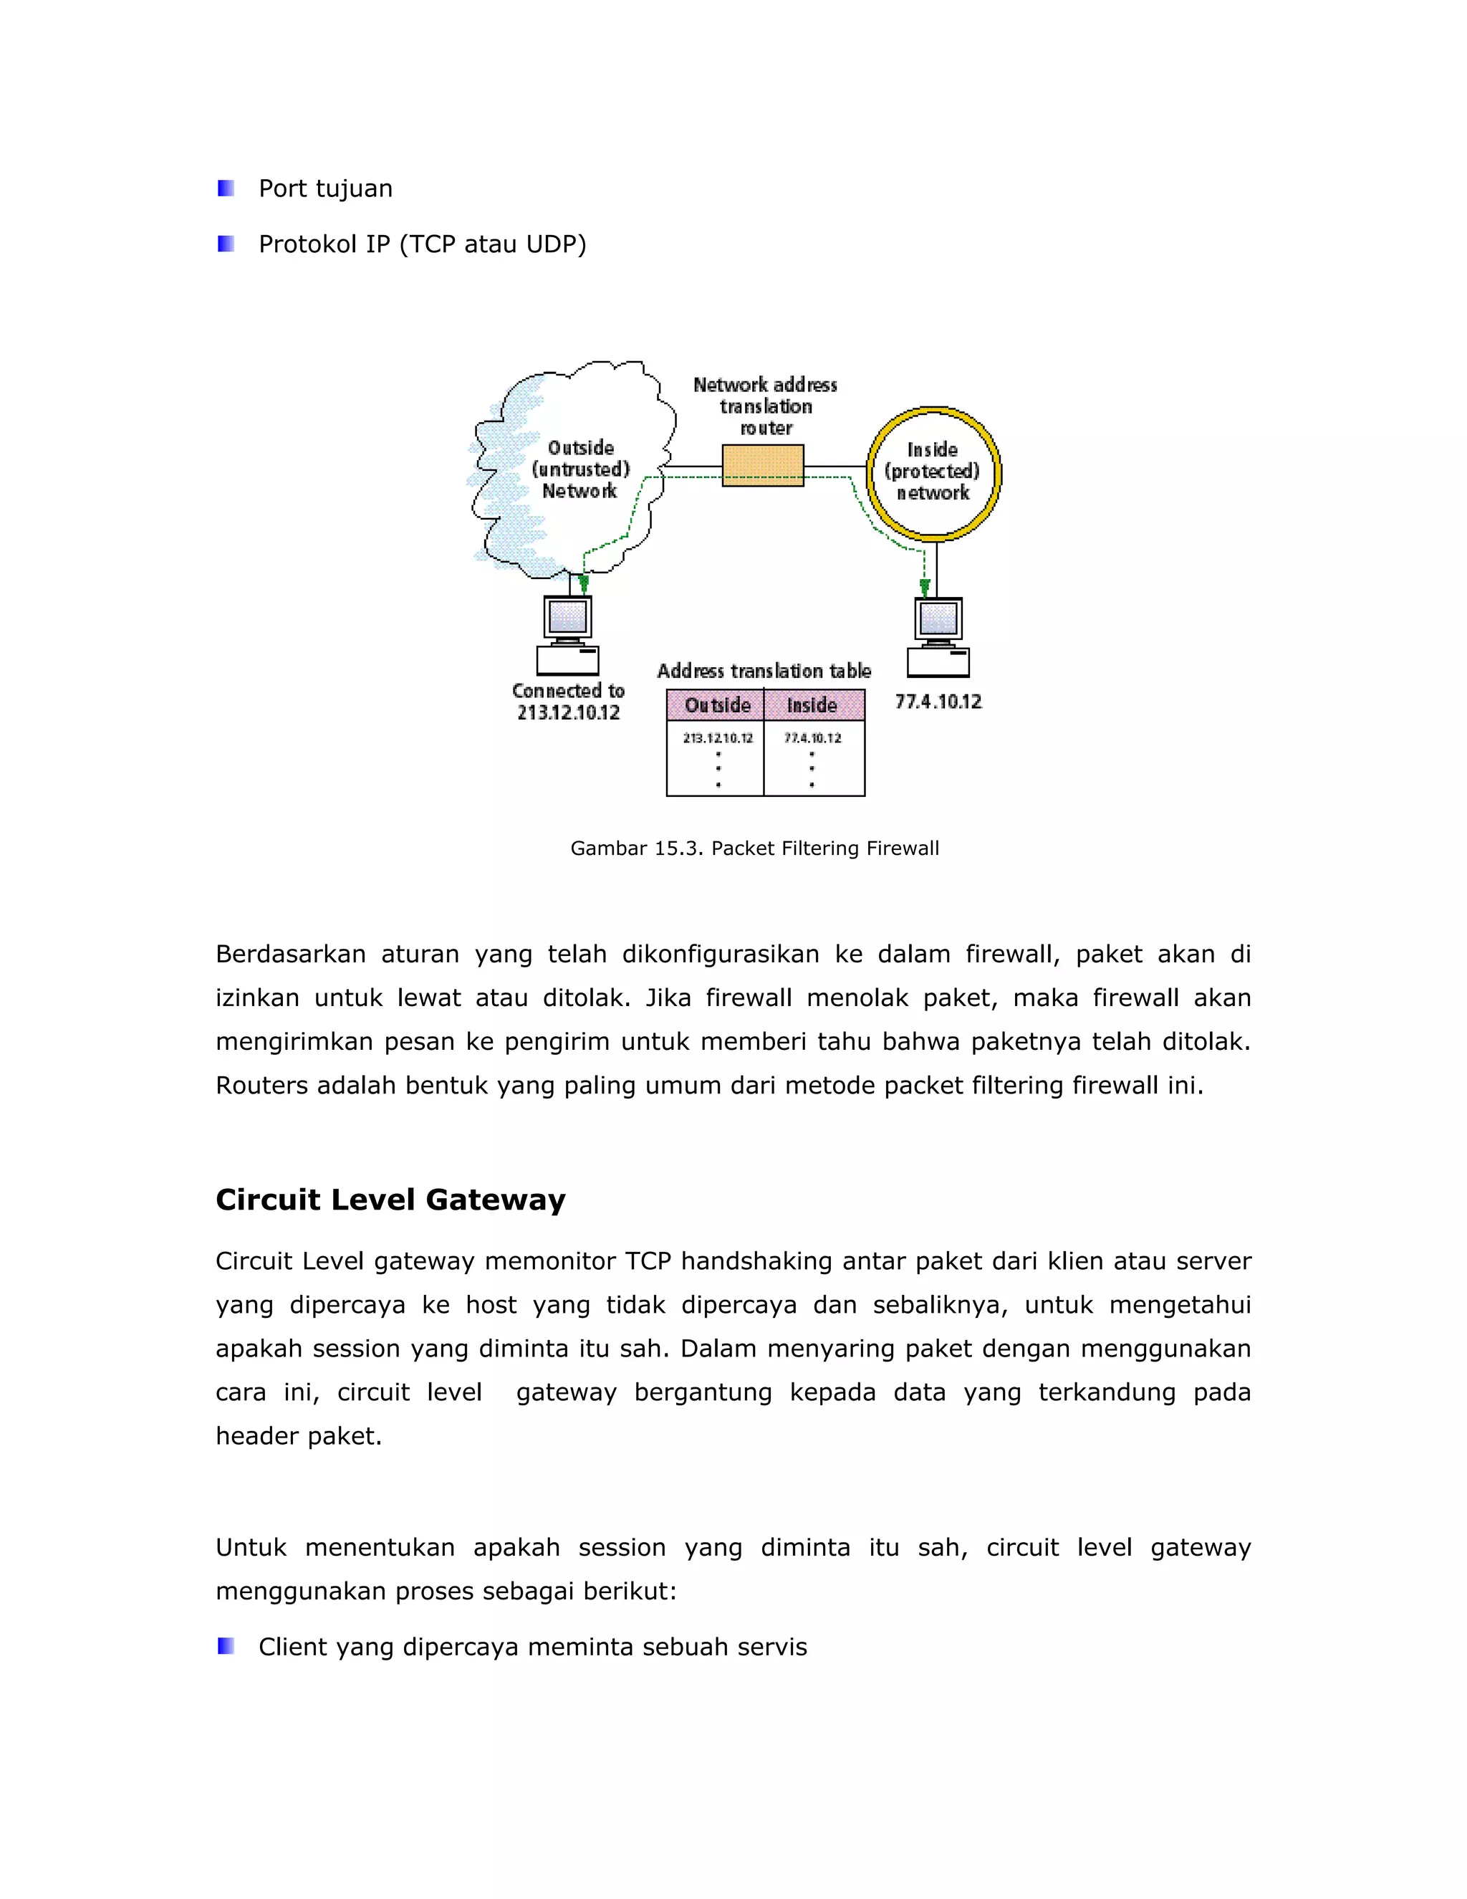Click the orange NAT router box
coord(762,465)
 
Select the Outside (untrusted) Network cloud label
coord(579,469)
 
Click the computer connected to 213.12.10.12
coord(567,635)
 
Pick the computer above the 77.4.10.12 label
coord(938,636)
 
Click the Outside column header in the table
coord(716,705)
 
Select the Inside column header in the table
coord(812,705)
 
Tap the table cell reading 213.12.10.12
coord(717,738)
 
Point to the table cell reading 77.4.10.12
coord(812,738)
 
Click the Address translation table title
coord(763,671)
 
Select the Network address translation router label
coord(765,406)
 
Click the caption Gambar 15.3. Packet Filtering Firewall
coord(754,848)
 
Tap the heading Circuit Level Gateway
coord(390,1199)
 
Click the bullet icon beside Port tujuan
coord(226,188)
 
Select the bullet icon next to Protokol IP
coord(226,244)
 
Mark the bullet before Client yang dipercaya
coord(226,1646)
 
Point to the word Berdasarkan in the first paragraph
coord(290,954)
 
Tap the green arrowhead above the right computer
coord(925,588)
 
